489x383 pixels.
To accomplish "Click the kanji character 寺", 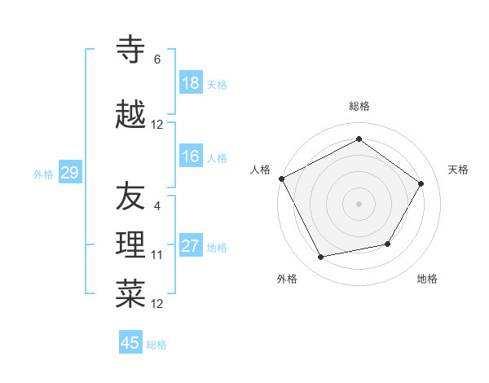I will pos(130,51).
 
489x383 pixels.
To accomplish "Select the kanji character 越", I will pos(130,115).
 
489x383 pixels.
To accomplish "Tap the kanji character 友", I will pos(130,196).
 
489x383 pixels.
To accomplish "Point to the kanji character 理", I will pos(130,245).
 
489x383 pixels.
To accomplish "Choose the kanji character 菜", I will pos(130,294).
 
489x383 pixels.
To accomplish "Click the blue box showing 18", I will pos(191,83).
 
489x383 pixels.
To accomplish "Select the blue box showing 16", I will pos(191,156).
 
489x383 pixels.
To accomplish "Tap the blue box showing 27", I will pos(191,246).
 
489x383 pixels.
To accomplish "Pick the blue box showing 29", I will pos(69,173).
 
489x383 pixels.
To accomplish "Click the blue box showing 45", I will pos(130,343).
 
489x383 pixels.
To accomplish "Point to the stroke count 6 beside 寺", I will pos(157,59).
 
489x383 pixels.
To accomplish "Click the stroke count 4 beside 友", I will pos(157,206).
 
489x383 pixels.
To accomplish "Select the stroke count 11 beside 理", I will pos(157,255).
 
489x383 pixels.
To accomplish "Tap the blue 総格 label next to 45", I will pos(156,345).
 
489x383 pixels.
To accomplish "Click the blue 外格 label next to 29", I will pos(43,174).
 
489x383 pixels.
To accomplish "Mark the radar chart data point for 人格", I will pos(282,178).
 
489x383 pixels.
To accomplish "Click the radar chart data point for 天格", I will pos(421,183).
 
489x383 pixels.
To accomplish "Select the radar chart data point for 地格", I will pos(388,244).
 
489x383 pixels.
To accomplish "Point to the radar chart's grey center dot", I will pos(359,203).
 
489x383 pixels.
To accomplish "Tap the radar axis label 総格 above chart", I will pos(359,106).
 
